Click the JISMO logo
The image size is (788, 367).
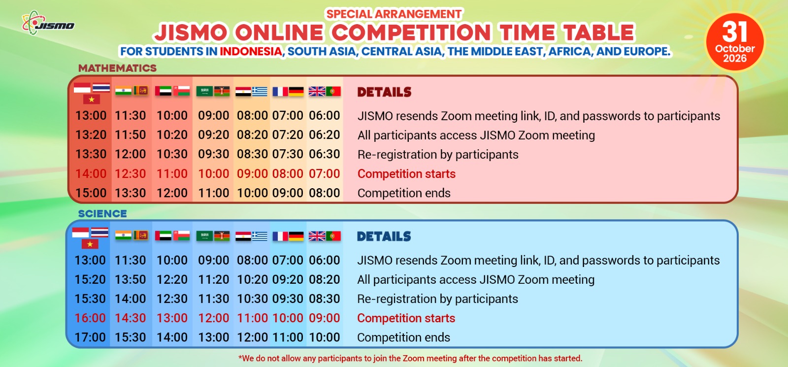pos(48,23)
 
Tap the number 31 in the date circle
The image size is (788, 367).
pos(734,32)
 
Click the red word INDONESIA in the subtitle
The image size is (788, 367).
pos(251,51)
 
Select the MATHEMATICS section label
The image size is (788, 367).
pos(117,68)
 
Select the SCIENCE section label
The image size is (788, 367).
pos(102,214)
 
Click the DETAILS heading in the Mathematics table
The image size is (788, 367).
pos(384,92)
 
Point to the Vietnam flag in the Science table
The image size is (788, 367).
pos(90,244)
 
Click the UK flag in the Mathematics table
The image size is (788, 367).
pos(317,92)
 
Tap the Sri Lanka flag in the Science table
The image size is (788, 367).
pos(141,235)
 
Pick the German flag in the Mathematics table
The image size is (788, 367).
pos(296,92)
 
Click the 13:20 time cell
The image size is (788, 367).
pos(91,135)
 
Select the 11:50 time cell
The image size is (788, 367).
pos(130,135)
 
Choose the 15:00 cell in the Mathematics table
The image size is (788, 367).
pos(91,193)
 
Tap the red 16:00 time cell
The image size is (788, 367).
pos(90,318)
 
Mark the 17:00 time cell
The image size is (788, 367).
pos(90,337)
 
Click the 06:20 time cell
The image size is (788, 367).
pos(325,135)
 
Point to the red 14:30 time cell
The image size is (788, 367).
pos(130,318)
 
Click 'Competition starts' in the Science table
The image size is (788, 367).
pos(406,318)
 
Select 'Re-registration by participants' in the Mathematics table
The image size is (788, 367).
pos(438,155)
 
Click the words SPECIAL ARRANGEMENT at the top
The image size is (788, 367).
pos(394,14)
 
